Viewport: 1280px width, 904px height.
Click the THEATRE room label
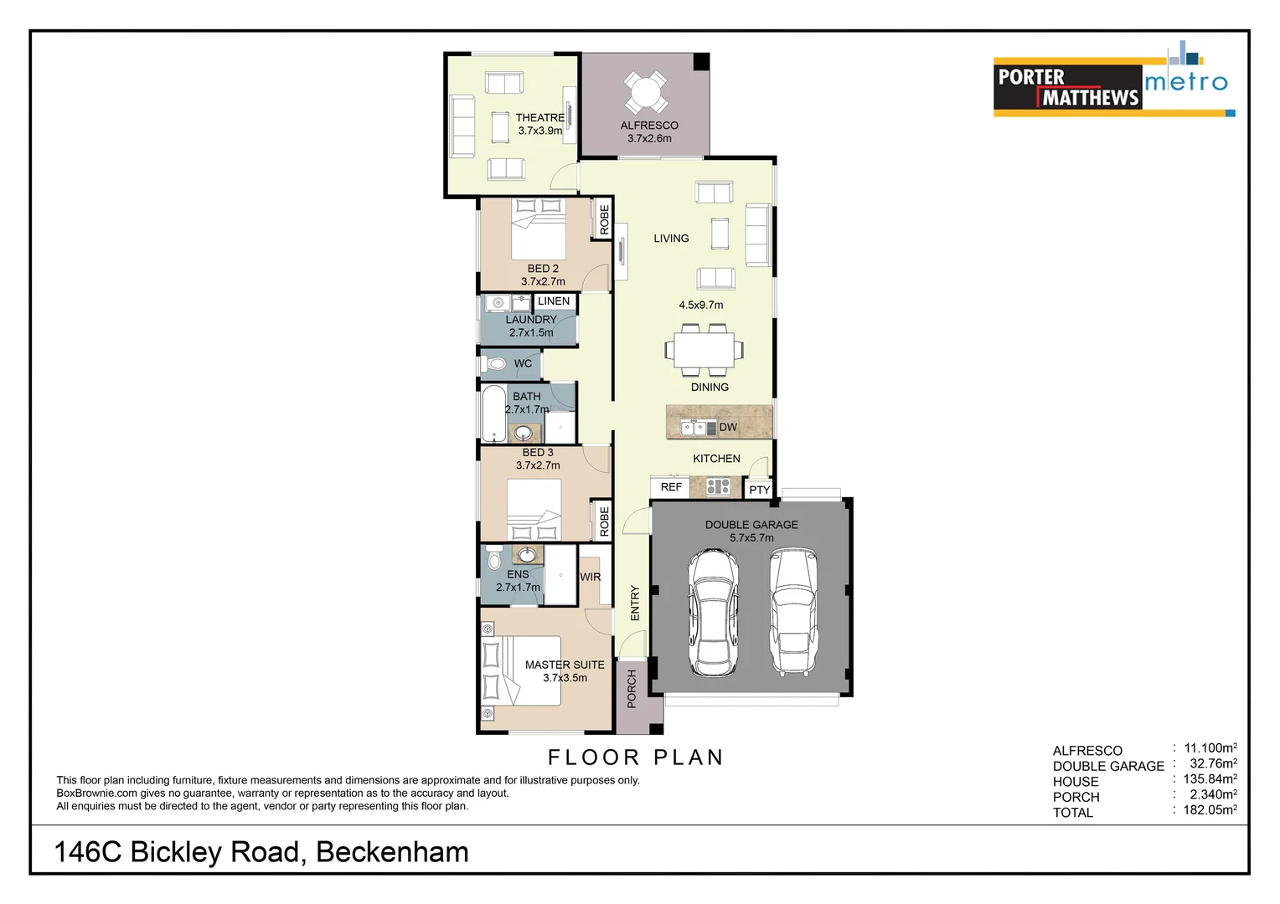pyautogui.click(x=539, y=118)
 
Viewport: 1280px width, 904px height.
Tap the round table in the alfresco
pyautogui.click(x=646, y=91)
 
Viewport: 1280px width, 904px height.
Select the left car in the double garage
pyautogui.click(x=712, y=612)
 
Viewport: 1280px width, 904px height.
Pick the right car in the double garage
pyautogui.click(x=792, y=612)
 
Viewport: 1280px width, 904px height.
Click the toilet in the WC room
pyautogui.click(x=494, y=364)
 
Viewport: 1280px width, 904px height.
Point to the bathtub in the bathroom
pyautogui.click(x=493, y=413)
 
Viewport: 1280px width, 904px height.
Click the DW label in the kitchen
pyautogui.click(x=728, y=428)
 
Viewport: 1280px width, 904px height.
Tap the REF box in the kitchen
pyautogui.click(x=671, y=487)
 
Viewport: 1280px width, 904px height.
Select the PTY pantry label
pyautogui.click(x=759, y=490)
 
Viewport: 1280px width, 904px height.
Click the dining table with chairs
pyautogui.click(x=704, y=350)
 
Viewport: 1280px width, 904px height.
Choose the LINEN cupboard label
pyautogui.click(x=554, y=301)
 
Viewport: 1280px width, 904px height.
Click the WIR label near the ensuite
pyautogui.click(x=590, y=578)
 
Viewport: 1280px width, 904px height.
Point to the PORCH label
pyautogui.click(x=632, y=688)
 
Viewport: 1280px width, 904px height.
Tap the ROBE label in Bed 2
pyautogui.click(x=604, y=219)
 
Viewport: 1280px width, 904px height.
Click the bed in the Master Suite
pyautogui.click(x=519, y=670)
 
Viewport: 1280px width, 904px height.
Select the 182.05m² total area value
pyautogui.click(x=1209, y=810)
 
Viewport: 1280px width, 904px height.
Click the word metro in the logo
pyautogui.click(x=1185, y=82)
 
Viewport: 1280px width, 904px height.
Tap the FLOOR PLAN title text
pyautogui.click(x=636, y=758)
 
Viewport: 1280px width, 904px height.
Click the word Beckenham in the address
pyautogui.click(x=392, y=852)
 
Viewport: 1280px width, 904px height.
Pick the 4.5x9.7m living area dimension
pyautogui.click(x=700, y=306)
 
